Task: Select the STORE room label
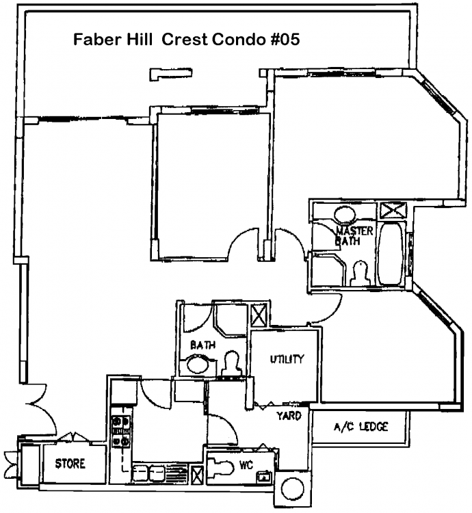[x=70, y=464]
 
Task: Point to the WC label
[x=246, y=465]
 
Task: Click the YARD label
[x=289, y=416]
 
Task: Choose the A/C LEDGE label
[x=360, y=427]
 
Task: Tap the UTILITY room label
[x=287, y=359]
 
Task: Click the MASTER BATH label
[x=354, y=236]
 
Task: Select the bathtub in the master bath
[x=391, y=254]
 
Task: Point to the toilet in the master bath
[x=359, y=273]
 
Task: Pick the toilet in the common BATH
[x=232, y=363]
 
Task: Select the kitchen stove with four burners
[x=121, y=431]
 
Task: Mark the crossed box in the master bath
[x=392, y=210]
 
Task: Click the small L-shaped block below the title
[x=170, y=74]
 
